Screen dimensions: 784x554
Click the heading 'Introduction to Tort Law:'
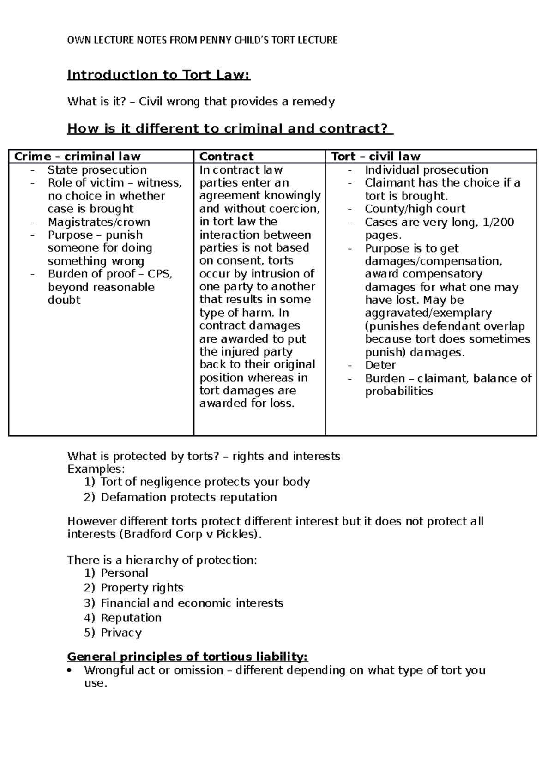(x=158, y=75)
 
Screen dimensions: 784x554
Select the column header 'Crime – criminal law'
(x=77, y=157)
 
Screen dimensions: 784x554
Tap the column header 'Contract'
(x=226, y=157)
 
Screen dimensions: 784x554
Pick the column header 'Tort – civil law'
(x=375, y=157)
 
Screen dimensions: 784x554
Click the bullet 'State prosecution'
(x=97, y=170)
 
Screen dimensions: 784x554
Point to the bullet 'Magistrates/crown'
(x=99, y=222)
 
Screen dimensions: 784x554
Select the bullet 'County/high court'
(x=415, y=209)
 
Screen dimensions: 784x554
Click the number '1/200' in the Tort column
(x=498, y=222)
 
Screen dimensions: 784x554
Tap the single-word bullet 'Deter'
(x=380, y=365)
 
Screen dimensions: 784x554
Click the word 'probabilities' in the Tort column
(x=398, y=392)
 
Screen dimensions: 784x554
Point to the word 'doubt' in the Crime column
(x=64, y=300)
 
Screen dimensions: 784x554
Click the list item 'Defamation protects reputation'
(x=188, y=497)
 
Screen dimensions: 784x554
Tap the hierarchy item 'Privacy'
(x=121, y=633)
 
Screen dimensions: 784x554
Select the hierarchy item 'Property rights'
(x=142, y=588)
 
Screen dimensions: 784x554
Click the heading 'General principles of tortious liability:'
(x=187, y=657)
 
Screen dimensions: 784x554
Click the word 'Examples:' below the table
(x=96, y=469)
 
